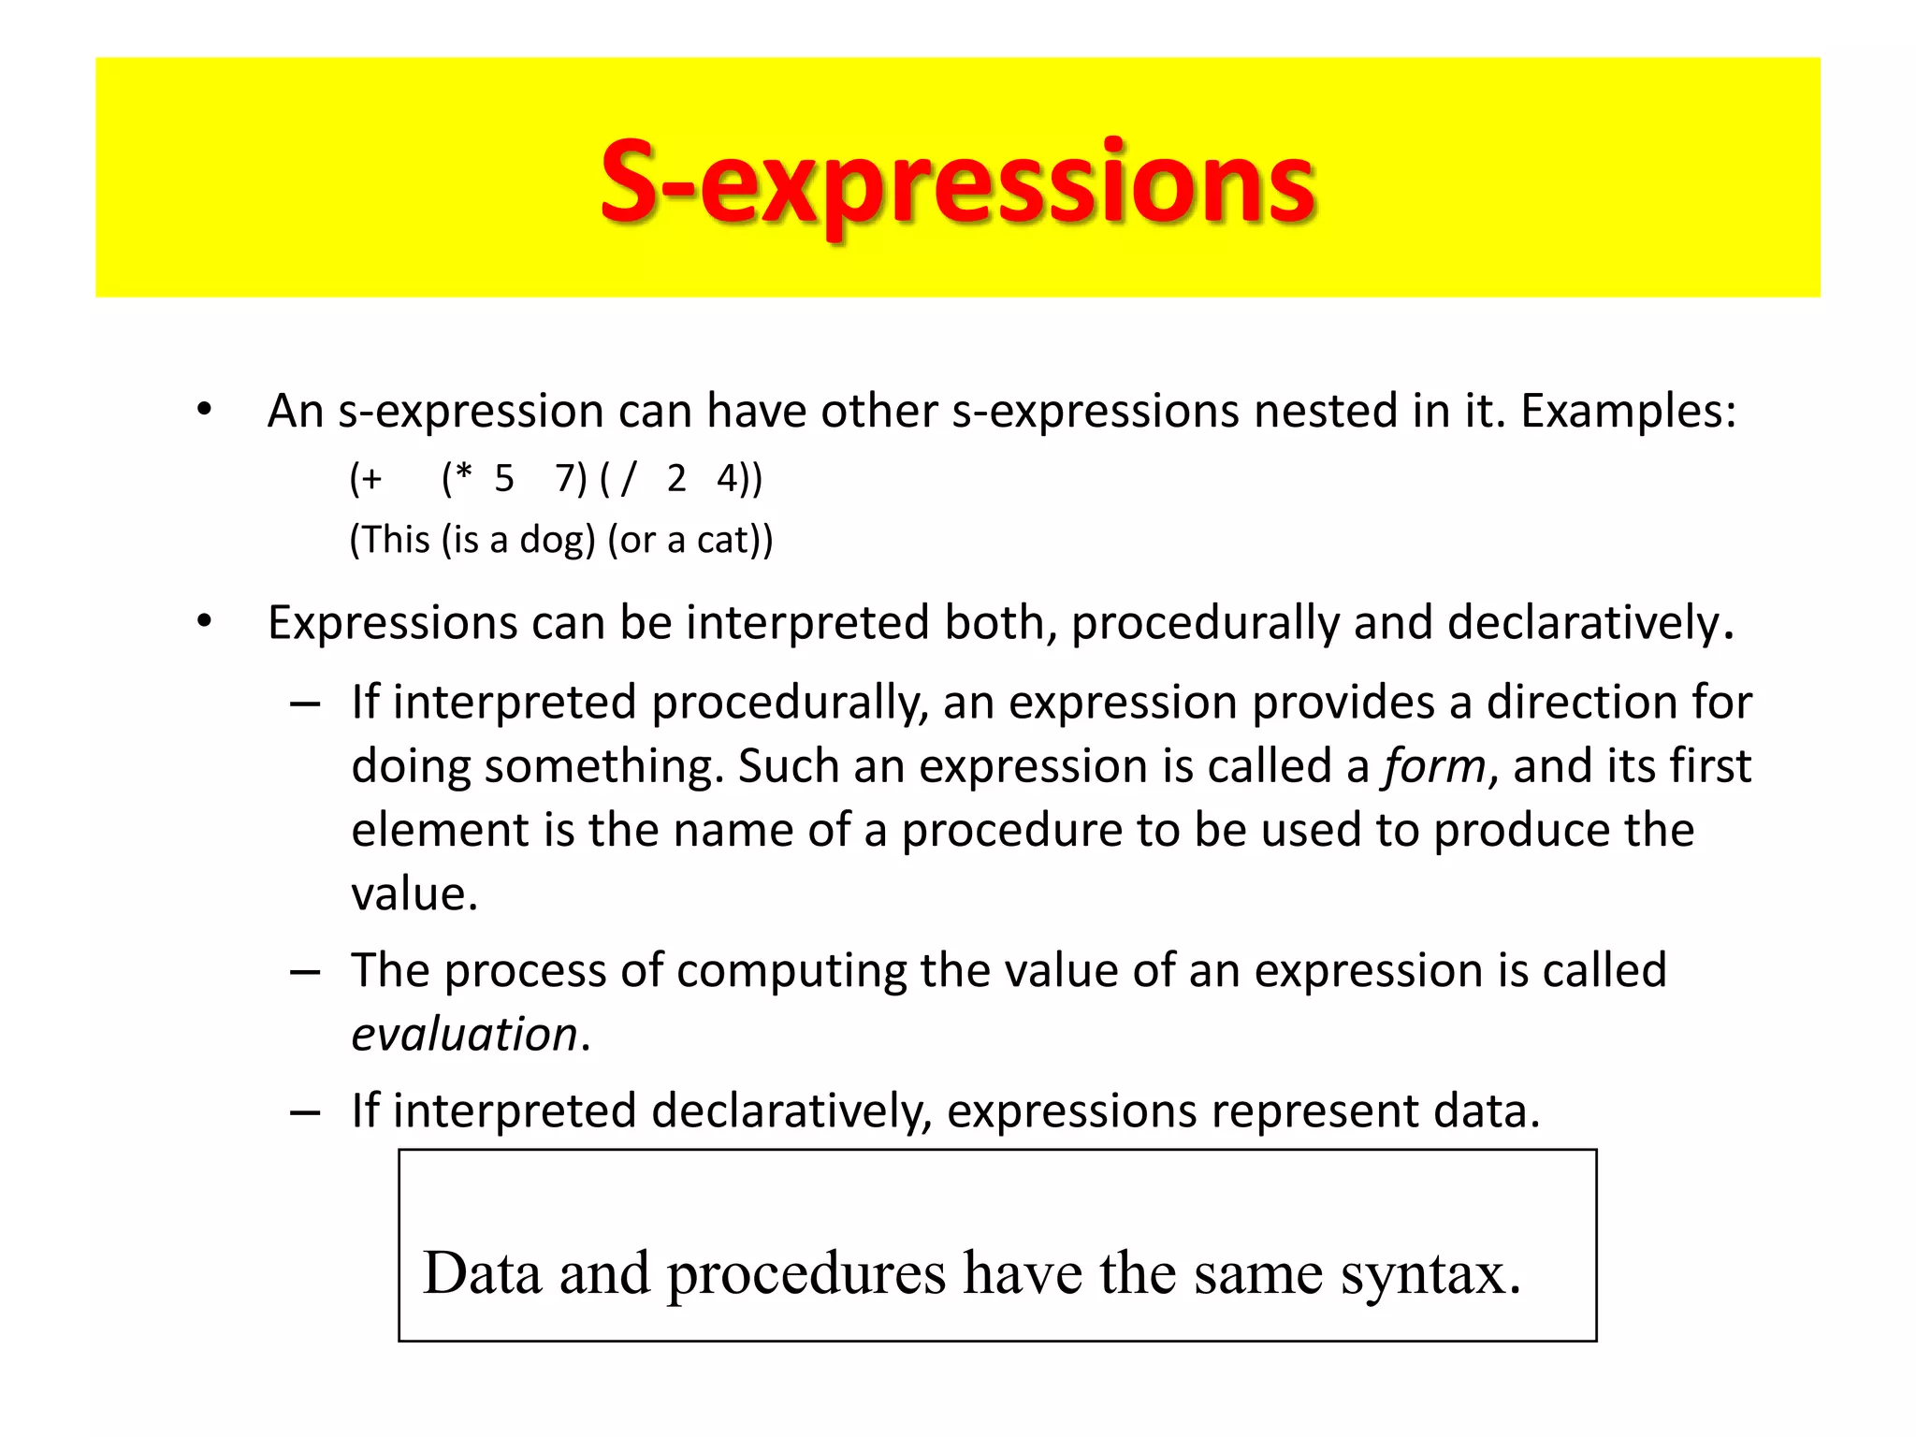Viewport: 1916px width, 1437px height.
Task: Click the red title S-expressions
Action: [x=957, y=182]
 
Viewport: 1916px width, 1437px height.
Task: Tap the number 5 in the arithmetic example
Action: [x=504, y=479]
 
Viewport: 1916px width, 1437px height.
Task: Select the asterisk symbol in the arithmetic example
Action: [x=462, y=474]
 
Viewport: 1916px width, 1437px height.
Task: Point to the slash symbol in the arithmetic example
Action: [x=628, y=479]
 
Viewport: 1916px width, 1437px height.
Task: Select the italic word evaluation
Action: [x=464, y=1035]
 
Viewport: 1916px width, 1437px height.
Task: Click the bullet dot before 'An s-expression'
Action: [x=204, y=411]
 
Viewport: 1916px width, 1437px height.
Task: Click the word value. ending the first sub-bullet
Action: [x=414, y=894]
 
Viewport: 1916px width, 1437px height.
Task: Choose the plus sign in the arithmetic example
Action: [x=371, y=480]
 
